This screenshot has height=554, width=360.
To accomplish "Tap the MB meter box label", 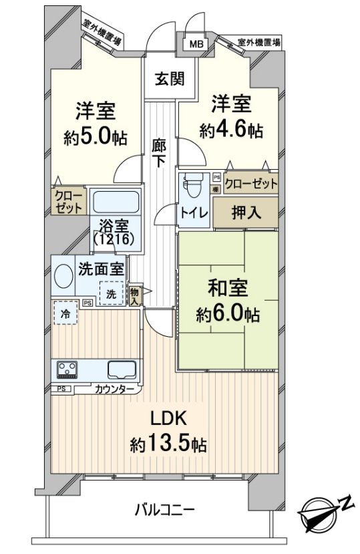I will [x=194, y=44].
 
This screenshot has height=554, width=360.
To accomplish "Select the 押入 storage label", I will [x=246, y=213].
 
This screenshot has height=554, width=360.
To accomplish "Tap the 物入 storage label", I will [x=136, y=295].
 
